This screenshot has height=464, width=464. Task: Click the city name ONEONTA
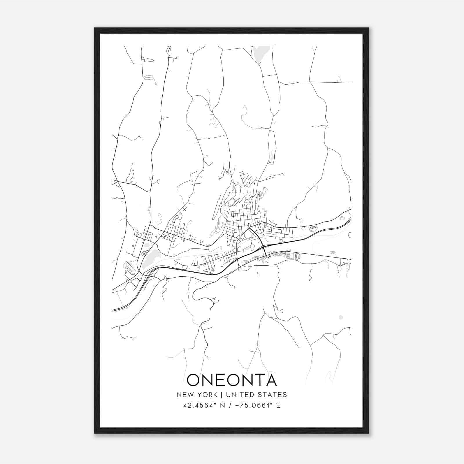(232, 380)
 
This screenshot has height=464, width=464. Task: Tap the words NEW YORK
(197, 395)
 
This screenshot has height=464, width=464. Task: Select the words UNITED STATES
(256, 395)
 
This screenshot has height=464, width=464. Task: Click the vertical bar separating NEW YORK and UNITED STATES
(221, 395)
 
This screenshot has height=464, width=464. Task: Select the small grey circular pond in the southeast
(341, 317)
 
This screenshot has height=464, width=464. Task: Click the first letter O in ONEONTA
(193, 380)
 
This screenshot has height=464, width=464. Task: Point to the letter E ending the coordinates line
(278, 405)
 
